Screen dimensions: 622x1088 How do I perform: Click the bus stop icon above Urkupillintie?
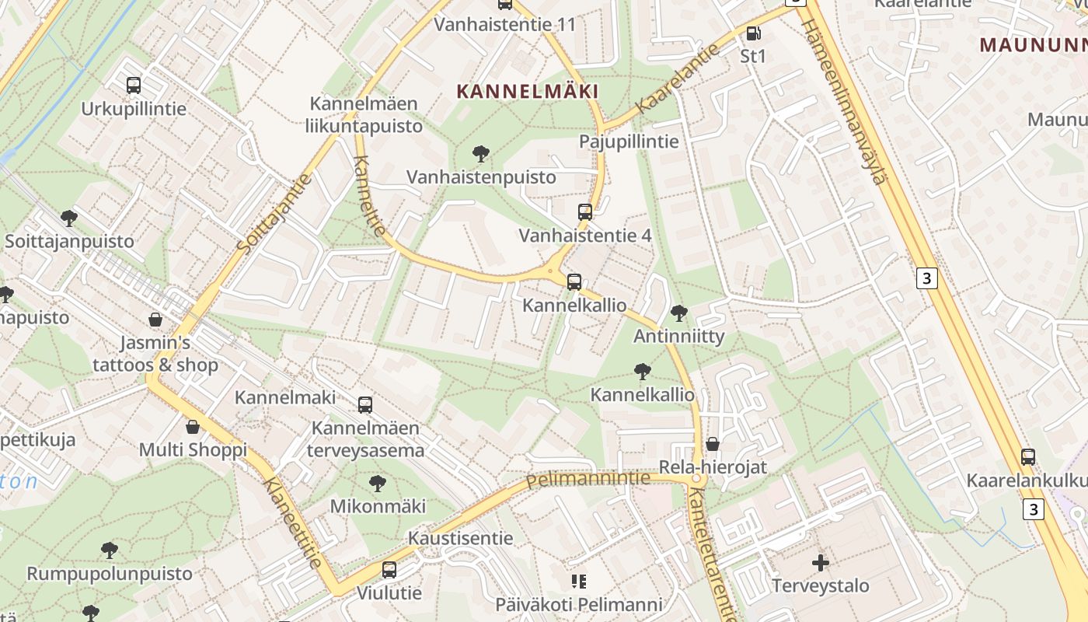134,86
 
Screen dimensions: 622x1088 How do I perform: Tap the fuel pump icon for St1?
752,33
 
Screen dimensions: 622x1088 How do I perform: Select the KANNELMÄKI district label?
528,92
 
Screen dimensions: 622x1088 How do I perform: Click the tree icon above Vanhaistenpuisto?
481,154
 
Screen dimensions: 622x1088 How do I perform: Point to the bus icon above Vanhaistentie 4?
585,211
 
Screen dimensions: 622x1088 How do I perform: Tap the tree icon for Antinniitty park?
678,313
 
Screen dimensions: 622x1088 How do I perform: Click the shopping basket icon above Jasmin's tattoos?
155,320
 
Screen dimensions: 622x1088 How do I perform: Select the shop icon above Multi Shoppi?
193,427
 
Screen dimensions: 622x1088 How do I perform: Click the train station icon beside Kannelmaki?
364,404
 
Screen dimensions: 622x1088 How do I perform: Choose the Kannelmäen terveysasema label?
365,439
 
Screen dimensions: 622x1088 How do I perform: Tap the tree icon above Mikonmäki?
378,484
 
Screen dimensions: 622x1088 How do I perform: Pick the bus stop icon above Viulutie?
389,570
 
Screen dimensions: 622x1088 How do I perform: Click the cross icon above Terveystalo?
820,562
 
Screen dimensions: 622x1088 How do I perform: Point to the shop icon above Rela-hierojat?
712,444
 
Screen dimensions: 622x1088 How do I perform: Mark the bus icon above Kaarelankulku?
1028,457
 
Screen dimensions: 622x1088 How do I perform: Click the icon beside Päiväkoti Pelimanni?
578,581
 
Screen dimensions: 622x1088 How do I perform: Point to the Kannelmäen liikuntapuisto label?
364,114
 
